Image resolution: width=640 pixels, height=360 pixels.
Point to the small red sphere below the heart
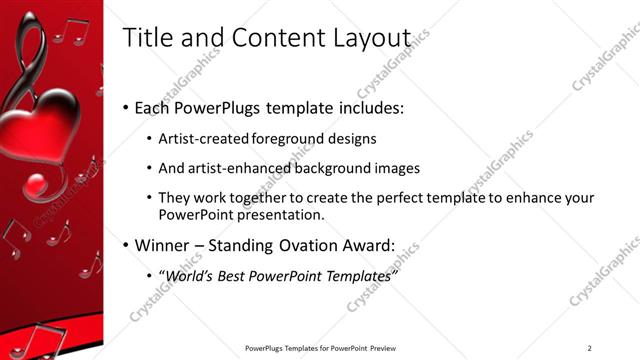pyautogui.click(x=36, y=185)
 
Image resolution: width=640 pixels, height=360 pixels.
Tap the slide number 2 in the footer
pyautogui.click(x=589, y=348)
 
